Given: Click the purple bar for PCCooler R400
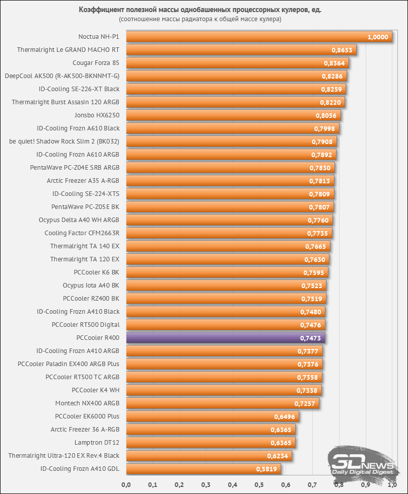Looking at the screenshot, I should coord(225,338).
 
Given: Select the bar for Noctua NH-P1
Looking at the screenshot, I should coord(258,37).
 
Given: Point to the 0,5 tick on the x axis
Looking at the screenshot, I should coord(259,485).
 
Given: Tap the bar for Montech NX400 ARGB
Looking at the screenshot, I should coord(222,403).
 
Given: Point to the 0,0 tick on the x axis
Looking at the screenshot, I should coord(126,485).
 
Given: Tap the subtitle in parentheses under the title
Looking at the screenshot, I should coord(200,19).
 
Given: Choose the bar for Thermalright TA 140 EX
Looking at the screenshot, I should coord(228,246).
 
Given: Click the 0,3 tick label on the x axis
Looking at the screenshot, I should coord(206,485).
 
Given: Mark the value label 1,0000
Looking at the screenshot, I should coord(378,37).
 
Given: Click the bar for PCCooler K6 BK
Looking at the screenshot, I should coord(227,272).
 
